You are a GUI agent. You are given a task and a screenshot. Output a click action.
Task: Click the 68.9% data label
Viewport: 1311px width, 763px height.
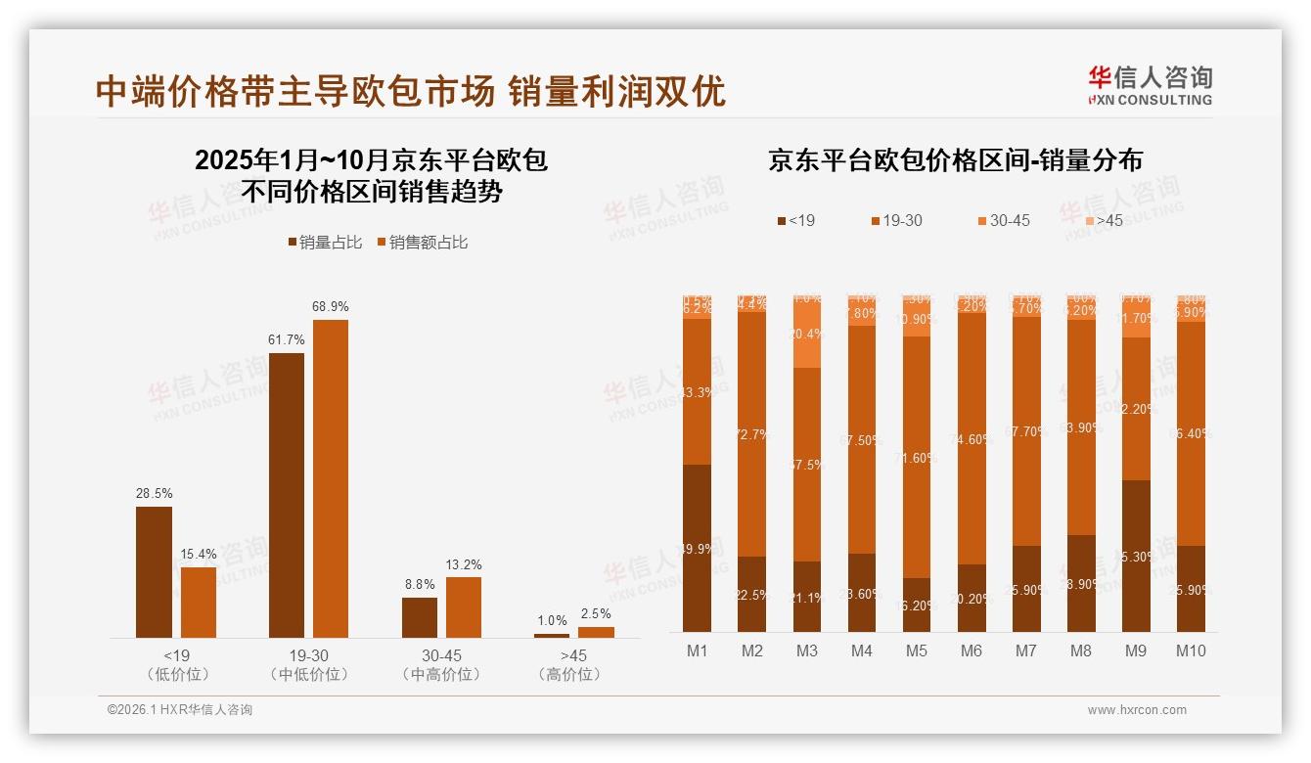tap(331, 307)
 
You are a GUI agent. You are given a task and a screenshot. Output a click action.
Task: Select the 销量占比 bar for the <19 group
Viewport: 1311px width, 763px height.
tap(154, 571)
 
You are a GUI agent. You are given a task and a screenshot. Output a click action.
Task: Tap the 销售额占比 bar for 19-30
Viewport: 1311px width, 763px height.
tap(331, 478)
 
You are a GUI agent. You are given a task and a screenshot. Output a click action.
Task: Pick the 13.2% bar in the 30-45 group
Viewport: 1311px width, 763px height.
tap(464, 606)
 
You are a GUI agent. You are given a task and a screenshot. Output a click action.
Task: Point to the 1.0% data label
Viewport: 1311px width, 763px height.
tap(552, 621)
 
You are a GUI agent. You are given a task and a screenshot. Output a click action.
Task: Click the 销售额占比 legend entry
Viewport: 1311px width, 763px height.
tap(423, 243)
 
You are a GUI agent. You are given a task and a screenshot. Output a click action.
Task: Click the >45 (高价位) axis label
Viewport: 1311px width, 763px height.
tap(570, 664)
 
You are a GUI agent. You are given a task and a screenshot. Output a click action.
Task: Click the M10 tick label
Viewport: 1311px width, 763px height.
tap(1191, 651)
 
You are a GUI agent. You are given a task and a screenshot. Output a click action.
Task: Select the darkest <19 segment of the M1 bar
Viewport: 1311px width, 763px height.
tap(697, 548)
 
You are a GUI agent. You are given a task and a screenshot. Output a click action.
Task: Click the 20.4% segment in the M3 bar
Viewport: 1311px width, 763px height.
tap(806, 334)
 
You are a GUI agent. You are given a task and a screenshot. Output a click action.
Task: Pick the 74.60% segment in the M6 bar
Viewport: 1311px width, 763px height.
tap(971, 438)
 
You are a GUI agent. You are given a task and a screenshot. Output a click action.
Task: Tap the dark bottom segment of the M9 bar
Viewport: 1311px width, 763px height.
tap(1136, 556)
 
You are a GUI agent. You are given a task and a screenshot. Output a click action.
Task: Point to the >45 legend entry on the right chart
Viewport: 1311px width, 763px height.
tap(1103, 221)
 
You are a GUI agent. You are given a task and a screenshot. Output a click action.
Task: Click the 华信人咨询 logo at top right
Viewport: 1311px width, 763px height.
tap(1150, 85)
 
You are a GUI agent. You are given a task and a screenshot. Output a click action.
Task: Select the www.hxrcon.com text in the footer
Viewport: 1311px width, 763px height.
tap(1137, 710)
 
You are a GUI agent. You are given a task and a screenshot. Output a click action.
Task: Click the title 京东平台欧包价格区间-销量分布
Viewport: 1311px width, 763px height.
tap(955, 160)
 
